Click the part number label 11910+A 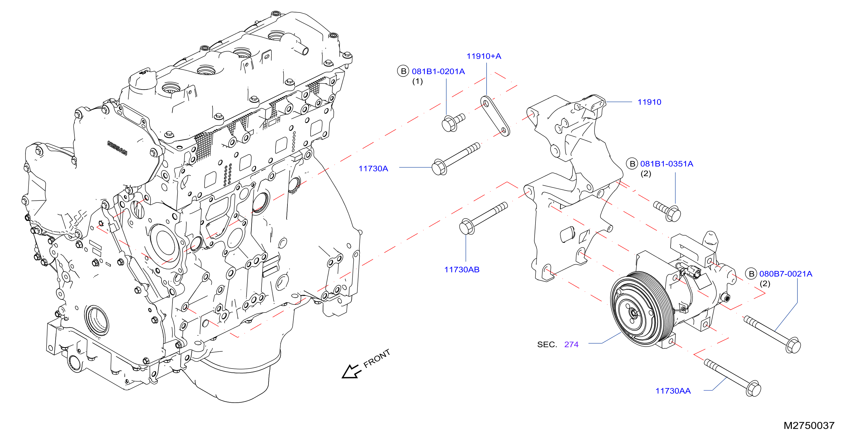tap(484, 56)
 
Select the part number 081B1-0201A tap(438, 71)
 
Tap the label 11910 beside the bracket tap(649, 102)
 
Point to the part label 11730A tap(373, 169)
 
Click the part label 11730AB tap(462, 270)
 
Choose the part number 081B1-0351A tap(666, 164)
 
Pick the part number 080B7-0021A tap(785, 274)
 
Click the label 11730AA tap(673, 391)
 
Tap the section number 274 tap(571, 345)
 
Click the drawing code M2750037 tap(809, 425)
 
